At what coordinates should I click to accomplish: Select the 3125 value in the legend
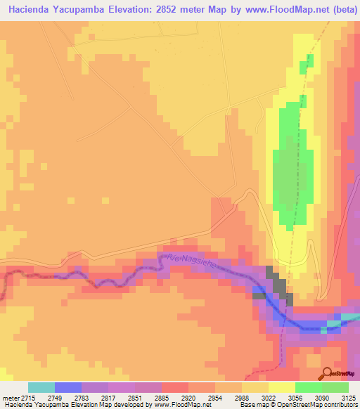pyautogui.click(x=346, y=397)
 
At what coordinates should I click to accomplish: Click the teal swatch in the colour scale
pyautogui.click(x=41, y=387)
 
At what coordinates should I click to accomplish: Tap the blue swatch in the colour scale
pyautogui.click(x=68, y=387)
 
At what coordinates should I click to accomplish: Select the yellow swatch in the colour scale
pyautogui.click(x=281, y=387)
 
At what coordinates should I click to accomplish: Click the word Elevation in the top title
pyautogui.click(x=155, y=9)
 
